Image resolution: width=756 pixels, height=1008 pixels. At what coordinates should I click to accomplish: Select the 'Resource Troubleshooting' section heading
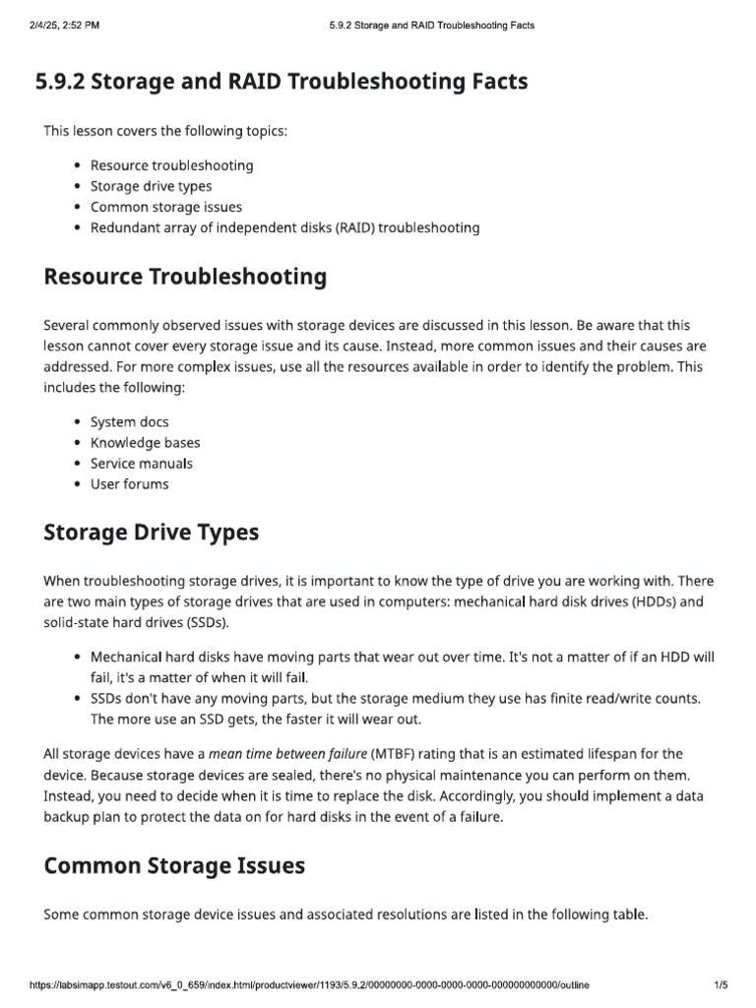point(185,277)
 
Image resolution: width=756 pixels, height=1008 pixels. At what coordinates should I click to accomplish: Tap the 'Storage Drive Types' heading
point(152,533)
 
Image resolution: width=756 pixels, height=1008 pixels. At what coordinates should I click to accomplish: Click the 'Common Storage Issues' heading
point(174,866)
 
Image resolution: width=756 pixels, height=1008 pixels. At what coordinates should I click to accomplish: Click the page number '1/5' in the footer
point(720,984)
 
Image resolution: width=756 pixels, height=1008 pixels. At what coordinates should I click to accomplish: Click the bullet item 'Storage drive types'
point(151,186)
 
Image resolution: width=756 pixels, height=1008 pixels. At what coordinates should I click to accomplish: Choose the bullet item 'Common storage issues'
point(165,207)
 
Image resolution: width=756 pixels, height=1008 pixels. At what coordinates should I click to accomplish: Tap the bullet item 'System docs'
point(129,421)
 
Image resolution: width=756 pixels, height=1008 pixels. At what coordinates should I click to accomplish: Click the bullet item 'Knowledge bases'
point(145,442)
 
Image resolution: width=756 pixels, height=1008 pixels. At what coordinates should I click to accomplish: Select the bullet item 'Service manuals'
point(141,463)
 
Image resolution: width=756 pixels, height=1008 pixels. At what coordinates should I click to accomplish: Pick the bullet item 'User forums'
point(129,483)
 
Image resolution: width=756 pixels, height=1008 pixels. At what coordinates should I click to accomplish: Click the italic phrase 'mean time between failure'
point(287,754)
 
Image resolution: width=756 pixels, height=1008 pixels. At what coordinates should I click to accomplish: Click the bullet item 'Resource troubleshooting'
point(171,165)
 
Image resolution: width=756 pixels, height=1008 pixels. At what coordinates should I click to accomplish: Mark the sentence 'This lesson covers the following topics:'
point(165,131)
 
